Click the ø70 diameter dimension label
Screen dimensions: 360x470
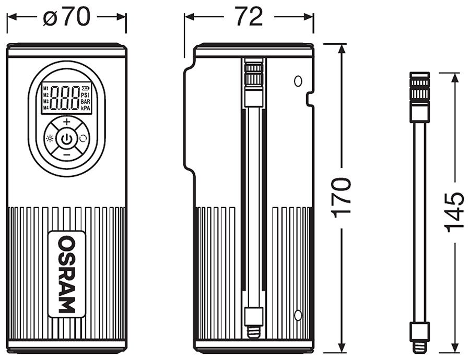click(66, 17)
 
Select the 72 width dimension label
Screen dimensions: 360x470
click(249, 17)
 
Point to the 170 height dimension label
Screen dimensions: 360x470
click(342, 197)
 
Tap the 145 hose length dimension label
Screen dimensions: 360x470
click(454, 212)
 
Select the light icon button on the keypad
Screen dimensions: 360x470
click(50, 139)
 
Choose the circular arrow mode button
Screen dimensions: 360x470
click(83, 139)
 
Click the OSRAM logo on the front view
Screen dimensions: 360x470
click(66, 274)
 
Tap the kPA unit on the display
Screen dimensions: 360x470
click(86, 108)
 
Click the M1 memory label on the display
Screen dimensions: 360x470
click(45, 88)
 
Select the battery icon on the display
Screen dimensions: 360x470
click(86, 88)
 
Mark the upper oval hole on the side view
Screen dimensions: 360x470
click(298, 81)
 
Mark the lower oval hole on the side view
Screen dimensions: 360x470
click(298, 315)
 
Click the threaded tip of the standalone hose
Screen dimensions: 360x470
click(419, 345)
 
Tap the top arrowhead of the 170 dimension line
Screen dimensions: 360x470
click(342, 48)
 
